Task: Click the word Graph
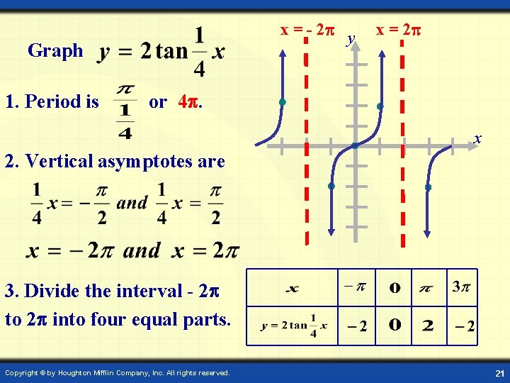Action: (x=55, y=51)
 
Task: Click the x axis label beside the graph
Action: (x=478, y=138)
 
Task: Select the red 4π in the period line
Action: (x=190, y=101)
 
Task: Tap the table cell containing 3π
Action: (x=461, y=287)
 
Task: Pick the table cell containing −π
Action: (x=355, y=287)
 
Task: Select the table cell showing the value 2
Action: (x=428, y=326)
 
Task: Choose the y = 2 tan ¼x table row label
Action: (x=293, y=326)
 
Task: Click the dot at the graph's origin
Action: (x=354, y=146)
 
